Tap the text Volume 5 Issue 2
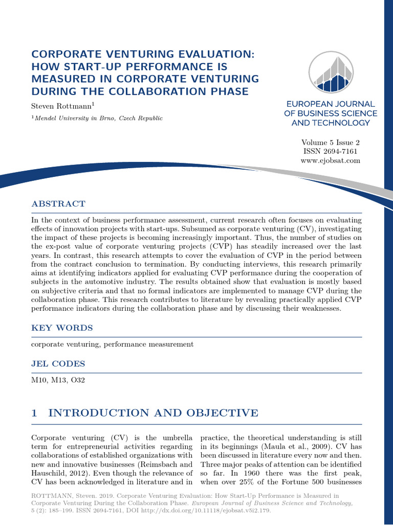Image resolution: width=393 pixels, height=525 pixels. point(331,143)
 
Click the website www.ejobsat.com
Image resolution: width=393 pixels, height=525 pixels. point(331,160)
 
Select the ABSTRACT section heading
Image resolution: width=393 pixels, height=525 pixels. point(58,204)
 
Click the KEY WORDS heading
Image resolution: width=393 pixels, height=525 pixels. point(62,328)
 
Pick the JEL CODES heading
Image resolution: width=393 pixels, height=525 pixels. point(58,364)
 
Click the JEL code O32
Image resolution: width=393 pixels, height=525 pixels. point(78,380)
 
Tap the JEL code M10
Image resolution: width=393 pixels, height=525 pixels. point(39,380)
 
